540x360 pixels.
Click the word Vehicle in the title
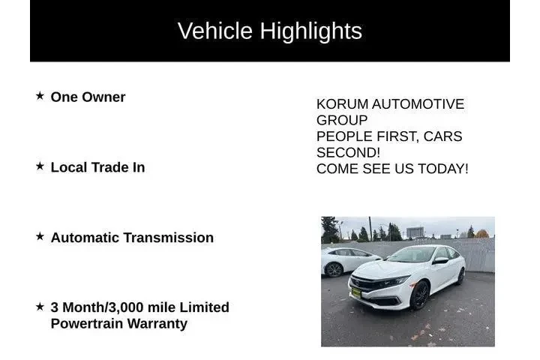pyautogui.click(x=215, y=31)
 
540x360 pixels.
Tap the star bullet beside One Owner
pyautogui.click(x=40, y=97)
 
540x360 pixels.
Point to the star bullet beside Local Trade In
pyautogui.click(x=40, y=166)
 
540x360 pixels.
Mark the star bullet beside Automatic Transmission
pyautogui.click(x=40, y=236)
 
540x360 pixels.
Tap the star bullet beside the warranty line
pyautogui.click(x=40, y=307)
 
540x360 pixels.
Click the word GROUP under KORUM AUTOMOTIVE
pyautogui.click(x=342, y=120)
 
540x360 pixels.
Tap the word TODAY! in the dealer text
pyautogui.click(x=442, y=169)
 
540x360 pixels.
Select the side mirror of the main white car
pyautogui.click(x=440, y=261)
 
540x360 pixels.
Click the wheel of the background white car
pyautogui.click(x=334, y=269)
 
